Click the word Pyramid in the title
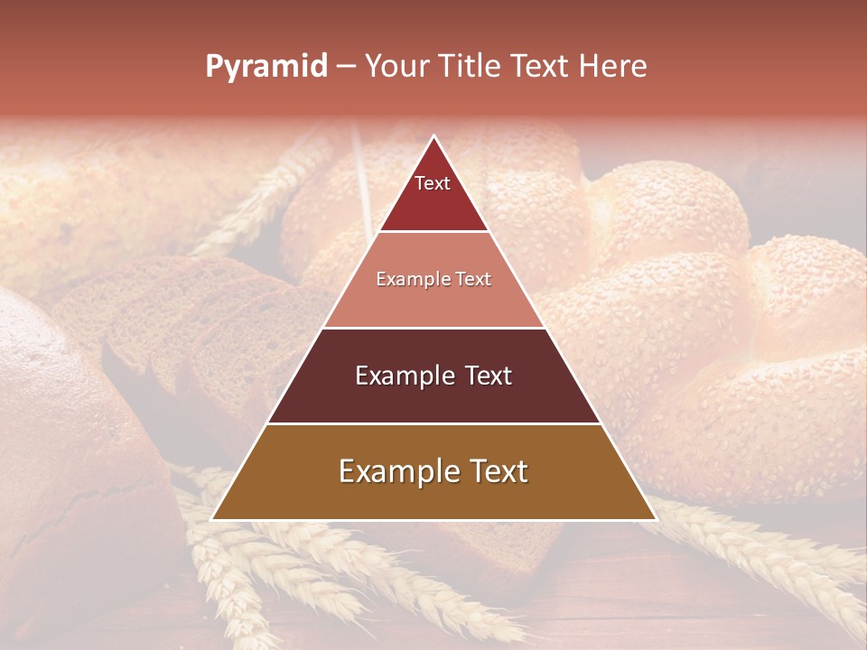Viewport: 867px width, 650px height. click(x=266, y=67)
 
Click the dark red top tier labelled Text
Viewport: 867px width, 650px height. click(x=433, y=194)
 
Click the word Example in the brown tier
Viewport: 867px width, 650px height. click(x=397, y=472)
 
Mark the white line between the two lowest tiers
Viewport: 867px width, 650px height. click(x=433, y=423)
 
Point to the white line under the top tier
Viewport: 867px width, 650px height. click(x=433, y=232)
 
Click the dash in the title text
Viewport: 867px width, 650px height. click(x=346, y=67)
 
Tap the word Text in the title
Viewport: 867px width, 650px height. click(x=537, y=67)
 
